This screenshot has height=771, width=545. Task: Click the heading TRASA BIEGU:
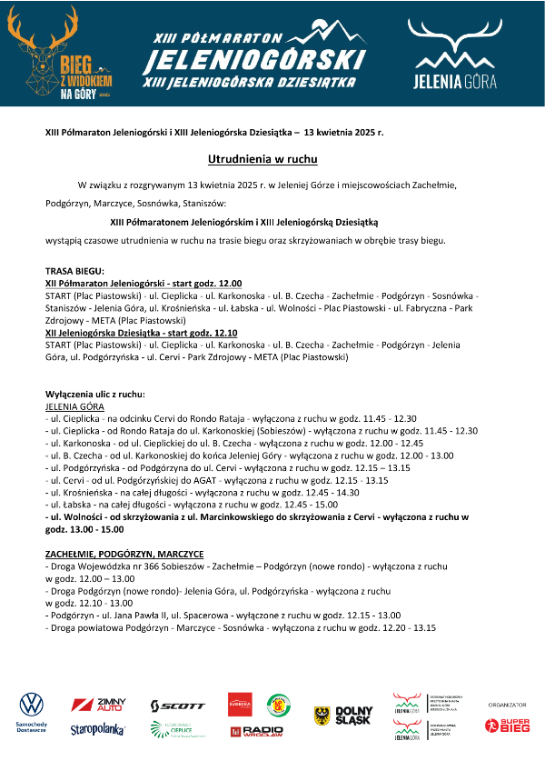pyautogui.click(x=74, y=271)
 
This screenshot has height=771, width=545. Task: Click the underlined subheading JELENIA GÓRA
pyautogui.click(x=74, y=406)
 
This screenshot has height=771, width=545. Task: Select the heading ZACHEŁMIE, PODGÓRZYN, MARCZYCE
pyautogui.click(x=124, y=554)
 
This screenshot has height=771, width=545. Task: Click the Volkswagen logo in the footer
pyautogui.click(x=32, y=705)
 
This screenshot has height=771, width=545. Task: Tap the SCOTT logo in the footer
pyautogui.click(x=178, y=706)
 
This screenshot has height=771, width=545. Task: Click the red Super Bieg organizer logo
pyautogui.click(x=507, y=725)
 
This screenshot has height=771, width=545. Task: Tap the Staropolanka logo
pyautogui.click(x=98, y=729)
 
